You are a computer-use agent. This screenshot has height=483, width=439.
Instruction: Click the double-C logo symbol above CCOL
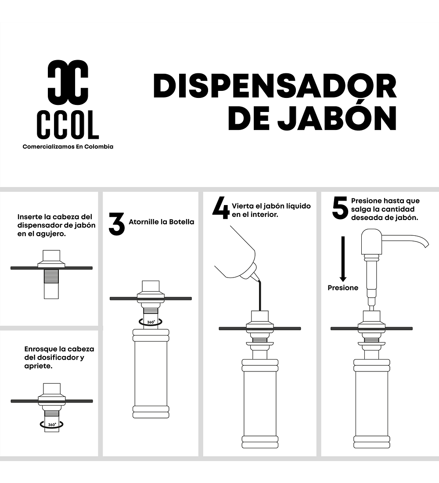[68, 83]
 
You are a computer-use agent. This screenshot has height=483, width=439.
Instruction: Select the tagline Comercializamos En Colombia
[68, 147]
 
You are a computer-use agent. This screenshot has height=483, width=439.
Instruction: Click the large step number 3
[117, 224]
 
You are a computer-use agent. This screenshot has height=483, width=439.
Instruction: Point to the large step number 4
[221, 208]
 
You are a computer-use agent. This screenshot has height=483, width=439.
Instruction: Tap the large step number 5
[340, 208]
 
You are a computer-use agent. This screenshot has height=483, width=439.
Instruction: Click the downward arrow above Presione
[343, 259]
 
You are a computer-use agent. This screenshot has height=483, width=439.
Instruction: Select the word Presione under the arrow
[343, 288]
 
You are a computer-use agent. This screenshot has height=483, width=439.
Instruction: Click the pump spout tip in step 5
[426, 245]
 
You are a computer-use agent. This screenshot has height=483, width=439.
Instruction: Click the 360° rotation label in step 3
[151, 322]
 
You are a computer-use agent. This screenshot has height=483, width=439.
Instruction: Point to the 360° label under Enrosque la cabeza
[52, 425]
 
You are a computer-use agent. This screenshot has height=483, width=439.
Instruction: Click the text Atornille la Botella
[162, 222]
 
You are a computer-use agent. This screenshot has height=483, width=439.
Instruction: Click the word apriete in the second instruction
[38, 366]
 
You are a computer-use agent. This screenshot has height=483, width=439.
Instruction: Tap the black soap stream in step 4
[259, 295]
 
